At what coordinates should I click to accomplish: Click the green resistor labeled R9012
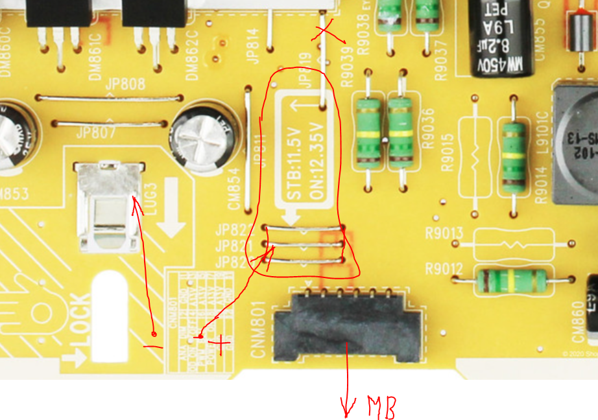[513, 280]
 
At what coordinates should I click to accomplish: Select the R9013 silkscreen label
[444, 233]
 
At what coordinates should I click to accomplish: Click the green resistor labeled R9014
[514, 156]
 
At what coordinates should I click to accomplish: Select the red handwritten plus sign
[221, 344]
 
